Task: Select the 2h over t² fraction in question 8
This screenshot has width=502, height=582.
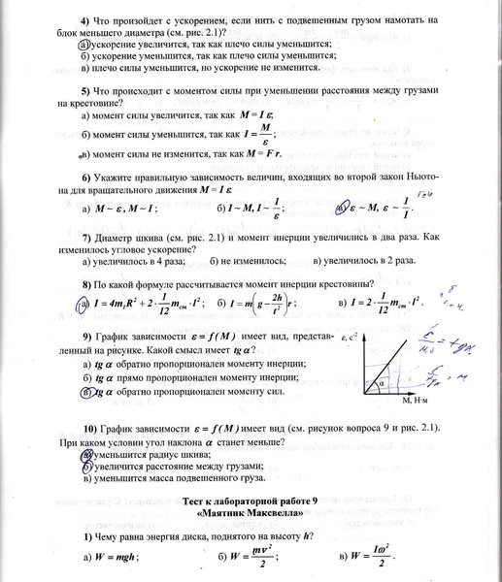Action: point(279,304)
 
